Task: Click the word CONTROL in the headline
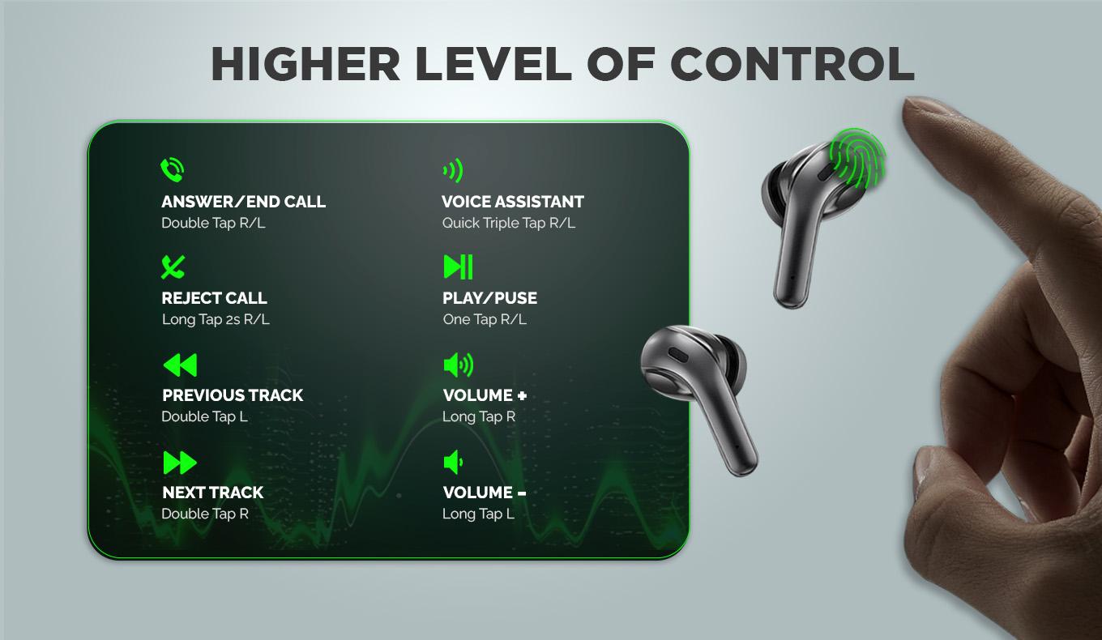pyautogui.click(x=792, y=64)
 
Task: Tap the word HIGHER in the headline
pyautogui.click(x=305, y=64)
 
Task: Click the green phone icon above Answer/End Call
pyautogui.click(x=172, y=169)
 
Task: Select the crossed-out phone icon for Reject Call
pyautogui.click(x=173, y=267)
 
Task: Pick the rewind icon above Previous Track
pyautogui.click(x=180, y=365)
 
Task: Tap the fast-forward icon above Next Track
pyautogui.click(x=180, y=463)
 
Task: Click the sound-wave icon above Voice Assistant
pyautogui.click(x=453, y=170)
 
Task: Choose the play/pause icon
pyautogui.click(x=458, y=267)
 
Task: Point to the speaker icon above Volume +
pyautogui.click(x=459, y=365)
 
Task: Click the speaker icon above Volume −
pyautogui.click(x=453, y=463)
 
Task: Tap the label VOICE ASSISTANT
pyautogui.click(x=513, y=202)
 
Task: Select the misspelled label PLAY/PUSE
pyautogui.click(x=490, y=298)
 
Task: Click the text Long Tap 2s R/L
pyautogui.click(x=216, y=320)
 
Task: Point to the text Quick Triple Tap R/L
pyautogui.click(x=509, y=224)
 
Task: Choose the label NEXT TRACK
pyautogui.click(x=213, y=493)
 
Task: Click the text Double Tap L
pyautogui.click(x=205, y=416)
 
